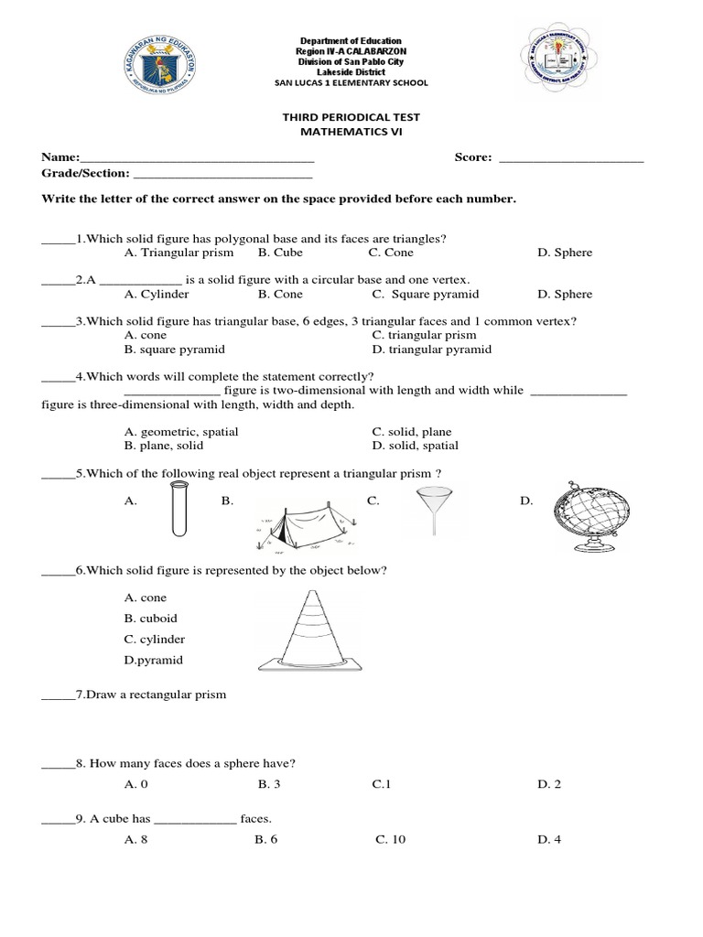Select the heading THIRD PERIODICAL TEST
click(351, 118)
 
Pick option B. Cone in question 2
click(280, 295)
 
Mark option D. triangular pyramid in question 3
click(432, 350)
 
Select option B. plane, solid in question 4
click(164, 446)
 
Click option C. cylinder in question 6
click(155, 639)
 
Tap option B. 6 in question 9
click(266, 839)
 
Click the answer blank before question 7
click(56, 696)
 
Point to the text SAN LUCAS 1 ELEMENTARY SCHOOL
click(351, 82)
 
